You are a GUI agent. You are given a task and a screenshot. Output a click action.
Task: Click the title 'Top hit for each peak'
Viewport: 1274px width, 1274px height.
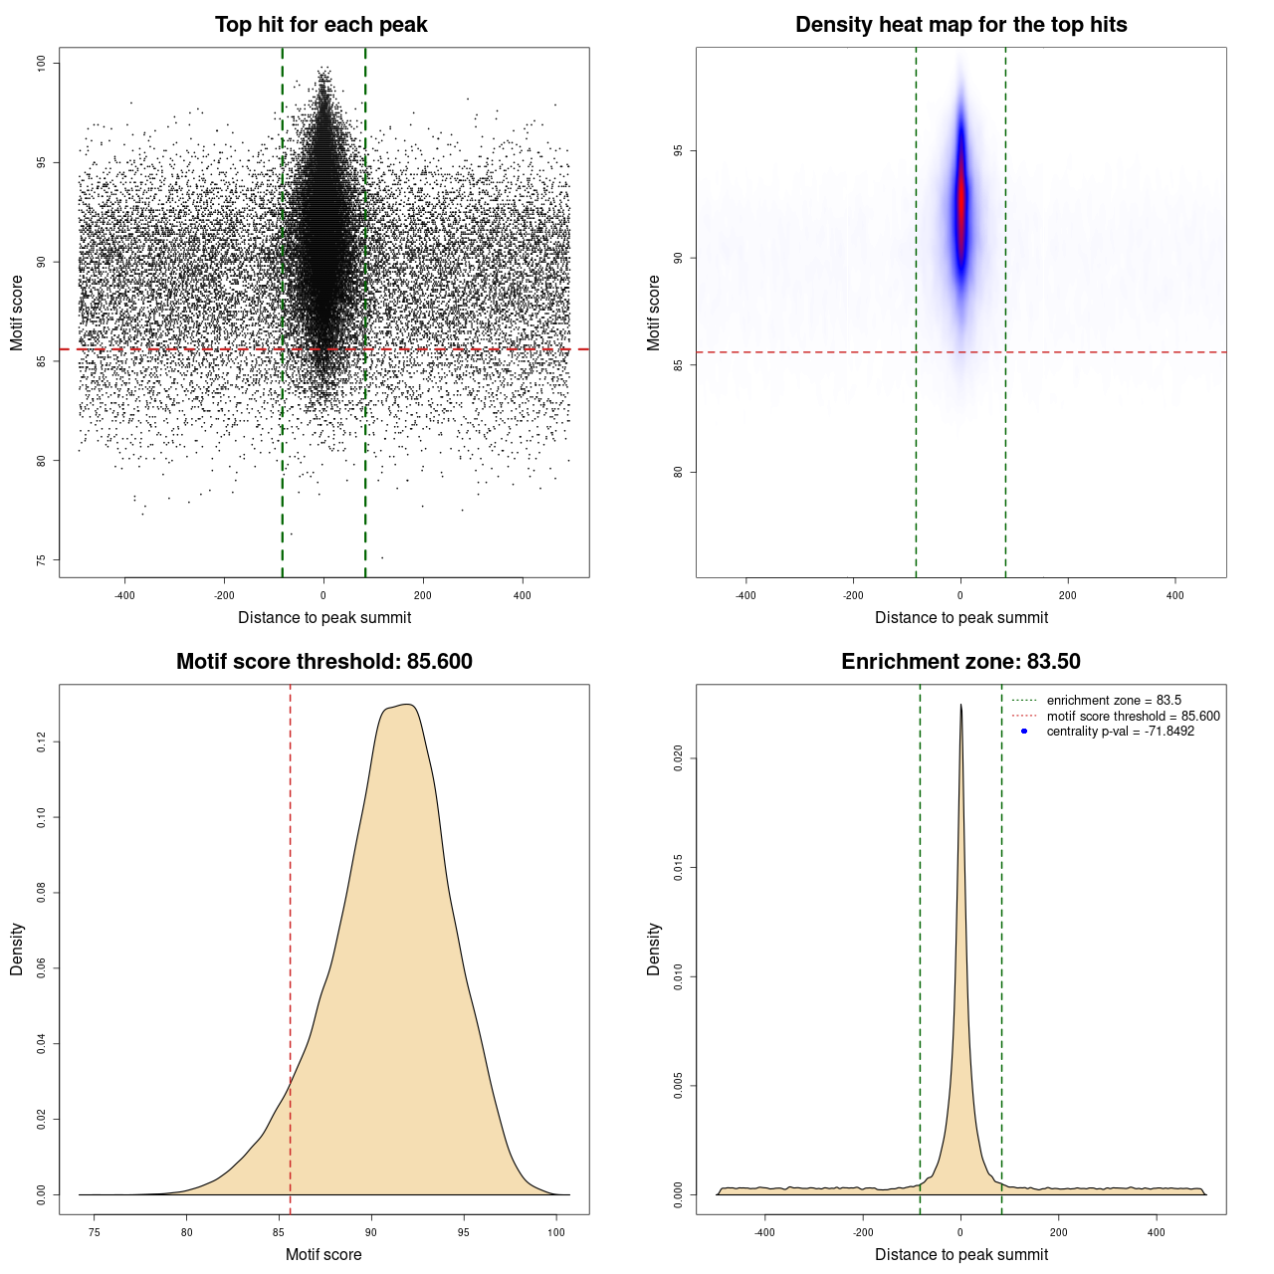click(320, 25)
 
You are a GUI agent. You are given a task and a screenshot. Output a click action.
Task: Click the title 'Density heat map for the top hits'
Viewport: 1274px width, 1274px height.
click(960, 25)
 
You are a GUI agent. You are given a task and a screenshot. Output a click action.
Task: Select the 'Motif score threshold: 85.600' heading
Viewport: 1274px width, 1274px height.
click(323, 662)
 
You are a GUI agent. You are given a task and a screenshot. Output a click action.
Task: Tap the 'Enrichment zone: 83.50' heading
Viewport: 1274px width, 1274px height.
click(960, 662)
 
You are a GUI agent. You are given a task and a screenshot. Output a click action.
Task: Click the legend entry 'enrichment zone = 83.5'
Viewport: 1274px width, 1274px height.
click(1114, 701)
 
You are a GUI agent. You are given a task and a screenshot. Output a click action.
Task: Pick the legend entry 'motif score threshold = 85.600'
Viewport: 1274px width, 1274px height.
click(1133, 716)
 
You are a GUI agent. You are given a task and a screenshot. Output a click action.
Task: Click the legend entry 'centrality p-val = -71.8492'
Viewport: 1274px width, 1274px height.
click(1120, 732)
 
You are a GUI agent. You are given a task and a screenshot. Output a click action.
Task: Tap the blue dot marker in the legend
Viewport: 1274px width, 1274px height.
click(1024, 732)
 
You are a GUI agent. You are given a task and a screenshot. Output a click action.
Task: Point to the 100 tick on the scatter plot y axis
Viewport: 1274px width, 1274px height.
click(42, 64)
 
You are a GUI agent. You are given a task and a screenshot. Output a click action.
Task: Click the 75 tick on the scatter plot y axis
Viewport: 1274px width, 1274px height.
click(42, 560)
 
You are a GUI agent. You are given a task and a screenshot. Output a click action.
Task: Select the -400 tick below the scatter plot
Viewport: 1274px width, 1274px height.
click(125, 595)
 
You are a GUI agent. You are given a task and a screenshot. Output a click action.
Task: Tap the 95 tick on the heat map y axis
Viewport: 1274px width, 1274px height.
click(679, 151)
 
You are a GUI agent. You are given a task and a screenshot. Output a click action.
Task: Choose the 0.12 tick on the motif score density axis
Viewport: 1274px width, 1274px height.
click(42, 743)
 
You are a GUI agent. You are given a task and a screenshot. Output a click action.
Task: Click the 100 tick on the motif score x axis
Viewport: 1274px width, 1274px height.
click(556, 1232)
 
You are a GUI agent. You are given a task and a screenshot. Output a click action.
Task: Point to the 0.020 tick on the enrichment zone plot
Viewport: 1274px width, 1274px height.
click(679, 758)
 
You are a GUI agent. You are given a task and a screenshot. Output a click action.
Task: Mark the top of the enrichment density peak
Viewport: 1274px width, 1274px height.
click(960, 706)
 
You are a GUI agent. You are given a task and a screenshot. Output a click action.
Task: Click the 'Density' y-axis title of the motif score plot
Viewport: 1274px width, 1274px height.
click(17, 949)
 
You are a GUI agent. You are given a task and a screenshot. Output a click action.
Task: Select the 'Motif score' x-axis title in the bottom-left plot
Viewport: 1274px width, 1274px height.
click(323, 1254)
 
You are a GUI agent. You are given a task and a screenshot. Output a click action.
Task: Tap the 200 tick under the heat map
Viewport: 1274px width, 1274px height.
click(1067, 595)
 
